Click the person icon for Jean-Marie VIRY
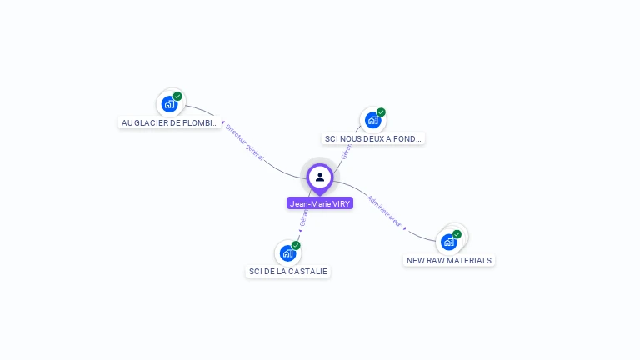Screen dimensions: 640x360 click(x=320, y=177)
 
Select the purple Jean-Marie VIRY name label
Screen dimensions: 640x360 click(x=320, y=203)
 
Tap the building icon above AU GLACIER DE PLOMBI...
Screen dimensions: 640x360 click(x=169, y=104)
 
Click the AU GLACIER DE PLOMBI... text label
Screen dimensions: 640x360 click(x=170, y=122)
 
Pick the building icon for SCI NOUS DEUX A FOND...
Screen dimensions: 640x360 click(x=372, y=120)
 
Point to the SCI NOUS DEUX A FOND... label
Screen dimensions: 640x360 click(x=372, y=138)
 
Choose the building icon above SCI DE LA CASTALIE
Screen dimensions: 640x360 click(x=287, y=252)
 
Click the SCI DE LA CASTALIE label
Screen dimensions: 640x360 click(x=288, y=272)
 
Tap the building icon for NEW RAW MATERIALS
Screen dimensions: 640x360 click(x=449, y=242)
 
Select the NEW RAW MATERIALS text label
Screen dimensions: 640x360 click(x=449, y=260)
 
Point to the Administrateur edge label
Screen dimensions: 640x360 click(x=385, y=211)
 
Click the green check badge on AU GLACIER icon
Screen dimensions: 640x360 click(x=177, y=97)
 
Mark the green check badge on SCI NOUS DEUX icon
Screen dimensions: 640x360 click(x=381, y=112)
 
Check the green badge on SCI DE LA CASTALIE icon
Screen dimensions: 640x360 click(x=296, y=245)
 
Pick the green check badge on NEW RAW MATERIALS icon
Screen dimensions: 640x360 click(x=457, y=234)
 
